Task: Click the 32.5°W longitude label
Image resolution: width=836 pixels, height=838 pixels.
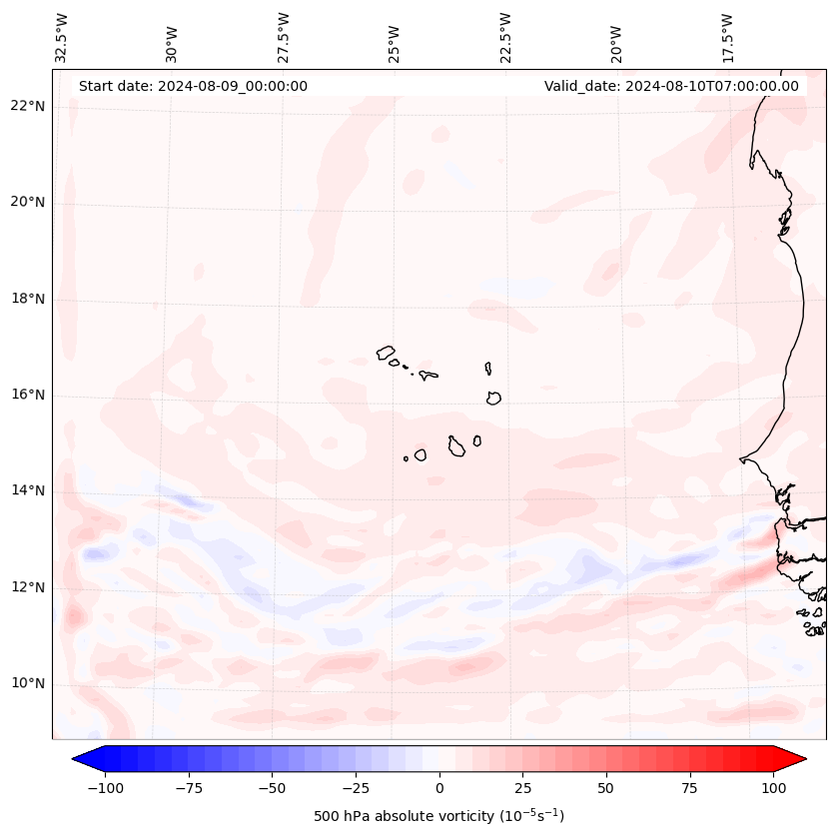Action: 62,38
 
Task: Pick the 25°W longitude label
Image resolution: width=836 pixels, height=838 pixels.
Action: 395,38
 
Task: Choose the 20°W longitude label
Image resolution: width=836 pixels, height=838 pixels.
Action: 616,38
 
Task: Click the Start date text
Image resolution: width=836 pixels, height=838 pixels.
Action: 193,86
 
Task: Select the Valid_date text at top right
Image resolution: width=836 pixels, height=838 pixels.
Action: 671,86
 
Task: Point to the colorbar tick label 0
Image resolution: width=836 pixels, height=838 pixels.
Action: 438,788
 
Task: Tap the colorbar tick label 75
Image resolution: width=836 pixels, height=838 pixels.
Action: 690,788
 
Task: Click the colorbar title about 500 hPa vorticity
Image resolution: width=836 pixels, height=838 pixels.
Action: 438,816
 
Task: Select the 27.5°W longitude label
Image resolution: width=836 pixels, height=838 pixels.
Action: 284,38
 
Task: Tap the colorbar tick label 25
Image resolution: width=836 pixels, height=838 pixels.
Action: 522,788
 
